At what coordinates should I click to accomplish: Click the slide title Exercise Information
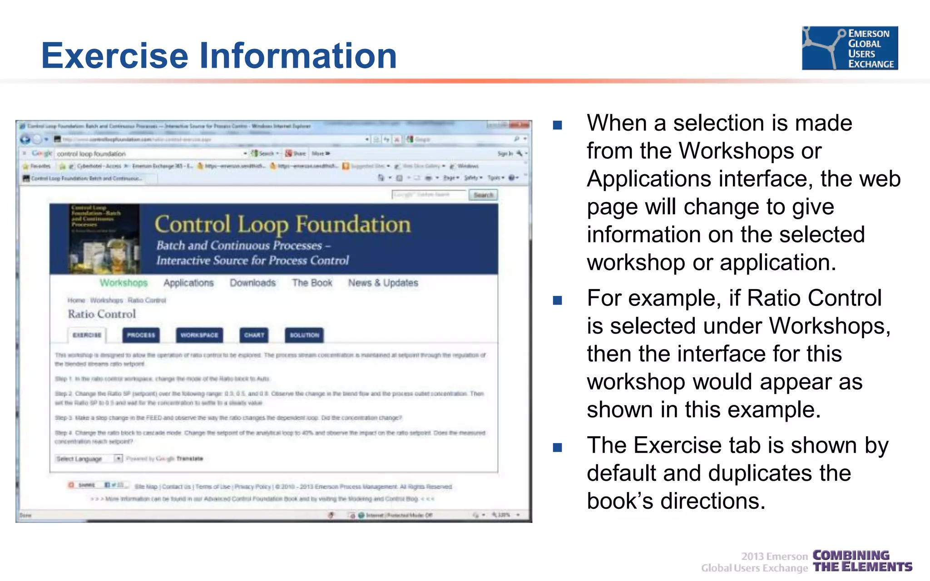pos(219,55)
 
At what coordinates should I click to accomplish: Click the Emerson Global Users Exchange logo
pos(850,48)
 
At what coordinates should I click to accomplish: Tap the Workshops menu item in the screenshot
pos(124,283)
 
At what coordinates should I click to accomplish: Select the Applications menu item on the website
pos(188,283)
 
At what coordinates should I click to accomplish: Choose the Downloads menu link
pos(252,283)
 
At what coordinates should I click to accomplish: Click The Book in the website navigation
pos(312,283)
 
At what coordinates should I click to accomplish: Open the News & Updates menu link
pos(383,283)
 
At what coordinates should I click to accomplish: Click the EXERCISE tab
pos(87,335)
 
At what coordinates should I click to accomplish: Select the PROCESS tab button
pos(141,335)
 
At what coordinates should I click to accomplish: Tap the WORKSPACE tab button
pos(199,335)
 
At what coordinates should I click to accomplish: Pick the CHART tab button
pos(254,335)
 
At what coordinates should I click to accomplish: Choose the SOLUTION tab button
pos(304,335)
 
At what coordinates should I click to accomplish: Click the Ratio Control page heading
pos(102,314)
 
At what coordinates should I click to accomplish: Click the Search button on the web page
pos(483,195)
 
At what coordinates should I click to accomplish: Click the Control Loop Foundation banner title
pos(282,225)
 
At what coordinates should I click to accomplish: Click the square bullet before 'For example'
pos(557,300)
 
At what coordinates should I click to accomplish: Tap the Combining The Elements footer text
pos(862,561)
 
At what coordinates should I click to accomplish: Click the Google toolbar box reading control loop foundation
pos(150,154)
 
